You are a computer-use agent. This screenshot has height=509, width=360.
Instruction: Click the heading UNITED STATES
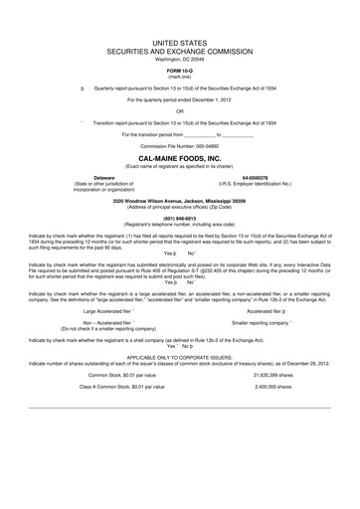[180, 45]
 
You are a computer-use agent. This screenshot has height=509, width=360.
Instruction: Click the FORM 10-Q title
[180, 71]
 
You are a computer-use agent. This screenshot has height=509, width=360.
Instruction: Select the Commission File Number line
[180, 146]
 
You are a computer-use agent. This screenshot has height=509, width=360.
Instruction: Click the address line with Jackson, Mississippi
[180, 199]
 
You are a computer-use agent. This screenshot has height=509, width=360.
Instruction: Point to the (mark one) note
[180, 77]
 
